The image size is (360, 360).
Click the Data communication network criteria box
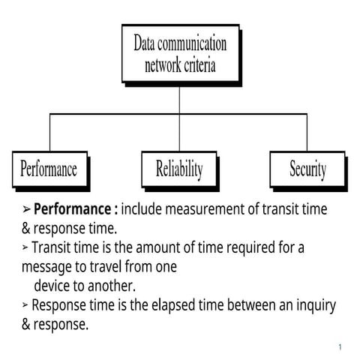[x=180, y=53]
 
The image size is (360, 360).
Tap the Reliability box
[x=179, y=169]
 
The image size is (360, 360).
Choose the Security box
[x=307, y=169]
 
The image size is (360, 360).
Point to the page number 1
[x=340, y=347]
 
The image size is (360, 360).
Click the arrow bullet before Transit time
[x=25, y=246]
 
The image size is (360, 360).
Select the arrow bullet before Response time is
[x=25, y=305]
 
